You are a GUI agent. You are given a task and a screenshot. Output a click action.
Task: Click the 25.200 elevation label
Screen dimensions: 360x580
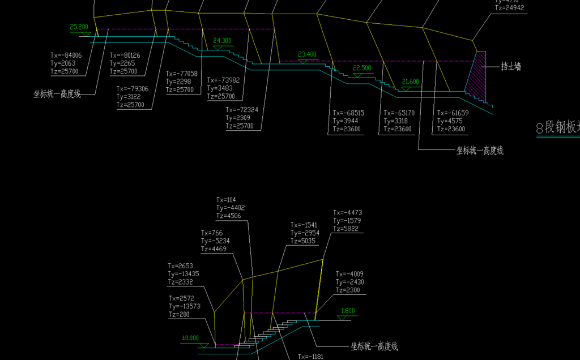coord(79,27)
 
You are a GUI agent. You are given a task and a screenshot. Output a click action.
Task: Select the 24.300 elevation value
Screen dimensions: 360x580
coord(222,41)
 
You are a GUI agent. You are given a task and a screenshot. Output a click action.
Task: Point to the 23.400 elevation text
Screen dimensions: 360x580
coord(307,54)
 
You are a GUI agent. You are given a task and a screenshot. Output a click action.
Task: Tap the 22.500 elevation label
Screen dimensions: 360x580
coord(362,68)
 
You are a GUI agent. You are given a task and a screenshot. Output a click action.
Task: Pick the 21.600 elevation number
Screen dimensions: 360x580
coord(411,82)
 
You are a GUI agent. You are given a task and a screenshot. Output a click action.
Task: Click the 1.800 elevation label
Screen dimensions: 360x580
coord(348,311)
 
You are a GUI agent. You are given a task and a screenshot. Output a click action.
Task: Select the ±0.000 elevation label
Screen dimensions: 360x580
coord(190,338)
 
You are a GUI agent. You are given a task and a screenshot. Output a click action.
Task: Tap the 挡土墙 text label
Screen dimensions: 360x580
coord(511,67)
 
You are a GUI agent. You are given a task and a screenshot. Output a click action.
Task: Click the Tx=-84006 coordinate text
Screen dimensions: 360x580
coord(66,55)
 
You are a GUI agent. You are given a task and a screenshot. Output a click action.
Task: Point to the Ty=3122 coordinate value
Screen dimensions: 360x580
coord(130,97)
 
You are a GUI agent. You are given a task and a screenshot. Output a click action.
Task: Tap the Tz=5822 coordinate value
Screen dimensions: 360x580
coord(347,229)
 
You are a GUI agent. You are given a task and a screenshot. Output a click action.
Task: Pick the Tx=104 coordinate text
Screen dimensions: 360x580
coord(227,200)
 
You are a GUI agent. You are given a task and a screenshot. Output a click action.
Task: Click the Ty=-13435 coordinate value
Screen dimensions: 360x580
coord(183,274)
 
